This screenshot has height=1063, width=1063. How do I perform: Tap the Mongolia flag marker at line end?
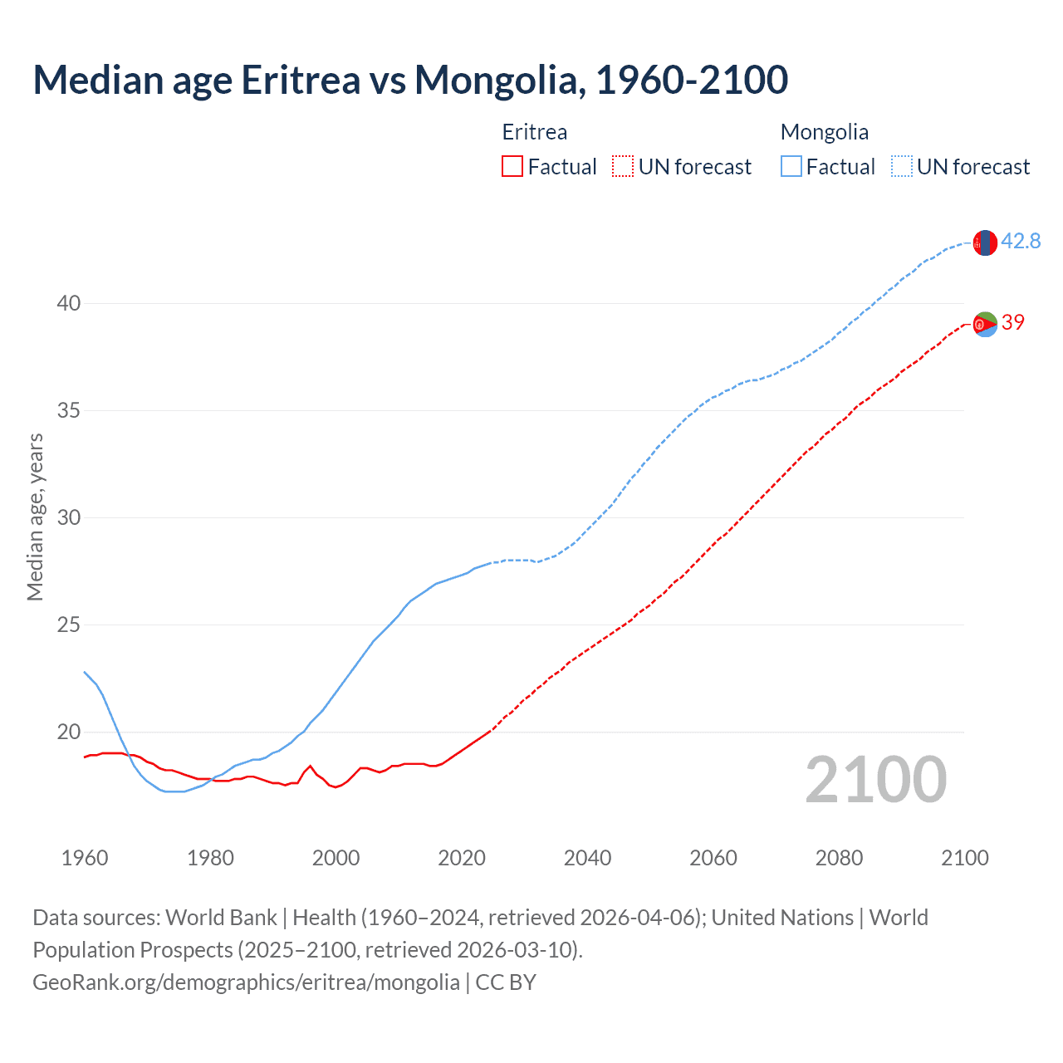[985, 242]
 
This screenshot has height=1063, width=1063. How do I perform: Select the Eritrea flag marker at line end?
[985, 324]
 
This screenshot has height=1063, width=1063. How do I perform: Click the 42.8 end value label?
[1021, 241]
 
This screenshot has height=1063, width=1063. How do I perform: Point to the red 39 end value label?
[1013, 322]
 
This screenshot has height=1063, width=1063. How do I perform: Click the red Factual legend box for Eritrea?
[512, 167]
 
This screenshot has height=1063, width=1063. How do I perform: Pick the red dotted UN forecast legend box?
[623, 167]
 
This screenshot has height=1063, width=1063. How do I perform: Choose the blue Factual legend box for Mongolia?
[791, 167]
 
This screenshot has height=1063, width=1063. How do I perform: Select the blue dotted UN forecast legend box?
[901, 167]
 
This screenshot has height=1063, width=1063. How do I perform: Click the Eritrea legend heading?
[535, 132]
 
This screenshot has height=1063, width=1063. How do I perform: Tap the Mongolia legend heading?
[825, 132]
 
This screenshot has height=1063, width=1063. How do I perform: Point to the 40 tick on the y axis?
[69, 303]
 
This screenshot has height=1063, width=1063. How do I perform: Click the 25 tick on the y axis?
[69, 625]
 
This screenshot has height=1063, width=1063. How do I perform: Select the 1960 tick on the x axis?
[85, 858]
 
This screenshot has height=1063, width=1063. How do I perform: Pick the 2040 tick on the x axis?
[587, 858]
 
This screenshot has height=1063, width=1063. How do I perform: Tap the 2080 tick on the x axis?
[839, 858]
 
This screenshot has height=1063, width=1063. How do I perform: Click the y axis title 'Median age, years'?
[35, 517]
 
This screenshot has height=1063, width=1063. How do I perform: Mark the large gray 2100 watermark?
[875, 779]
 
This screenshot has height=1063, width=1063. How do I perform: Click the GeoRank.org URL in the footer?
[246, 982]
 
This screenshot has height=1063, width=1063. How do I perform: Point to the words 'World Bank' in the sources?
[221, 918]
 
